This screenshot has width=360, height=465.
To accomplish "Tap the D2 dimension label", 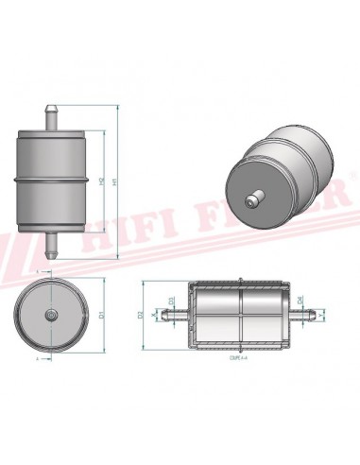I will coord(139,313).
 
